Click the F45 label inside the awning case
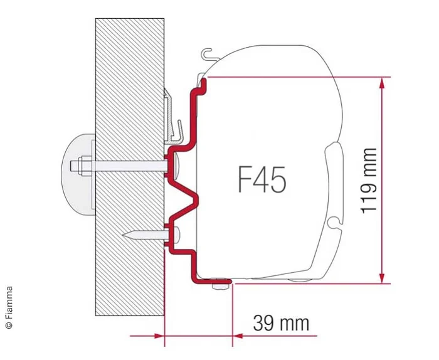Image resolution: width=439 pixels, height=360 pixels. [x=262, y=181]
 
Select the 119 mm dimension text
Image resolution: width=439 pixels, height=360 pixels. [x=369, y=181]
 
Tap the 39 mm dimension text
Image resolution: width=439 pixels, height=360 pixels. [x=281, y=323]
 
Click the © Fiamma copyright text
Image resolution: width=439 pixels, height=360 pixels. [x=9, y=307]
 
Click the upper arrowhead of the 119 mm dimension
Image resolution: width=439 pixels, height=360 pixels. [x=381, y=82]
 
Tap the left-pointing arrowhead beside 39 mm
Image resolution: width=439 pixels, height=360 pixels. [x=238, y=336]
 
